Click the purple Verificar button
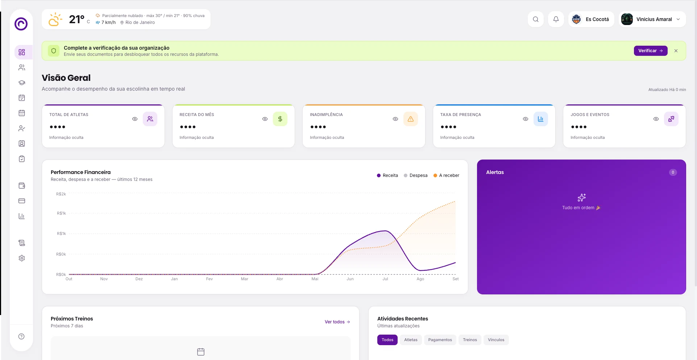pyautogui.click(x=650, y=51)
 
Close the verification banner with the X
pyautogui.click(x=676, y=51)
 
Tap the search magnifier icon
pyautogui.click(x=536, y=19)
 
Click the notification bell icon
pyautogui.click(x=556, y=19)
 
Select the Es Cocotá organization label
pyautogui.click(x=597, y=19)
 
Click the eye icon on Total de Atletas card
pyautogui.click(x=135, y=119)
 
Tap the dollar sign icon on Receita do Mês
pyautogui.click(x=280, y=119)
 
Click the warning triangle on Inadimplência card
pyautogui.click(x=411, y=119)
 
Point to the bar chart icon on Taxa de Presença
pyautogui.click(x=541, y=119)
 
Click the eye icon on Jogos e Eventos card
pyautogui.click(x=656, y=119)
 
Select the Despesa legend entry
pyautogui.click(x=416, y=175)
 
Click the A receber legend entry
pyautogui.click(x=447, y=175)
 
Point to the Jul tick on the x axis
pyautogui.click(x=385, y=279)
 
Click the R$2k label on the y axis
pyautogui.click(x=61, y=194)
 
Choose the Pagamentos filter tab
pyautogui.click(x=440, y=340)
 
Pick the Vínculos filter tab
pyautogui.click(x=496, y=340)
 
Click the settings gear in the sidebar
pyautogui.click(x=22, y=258)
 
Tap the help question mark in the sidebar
pyautogui.click(x=22, y=336)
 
